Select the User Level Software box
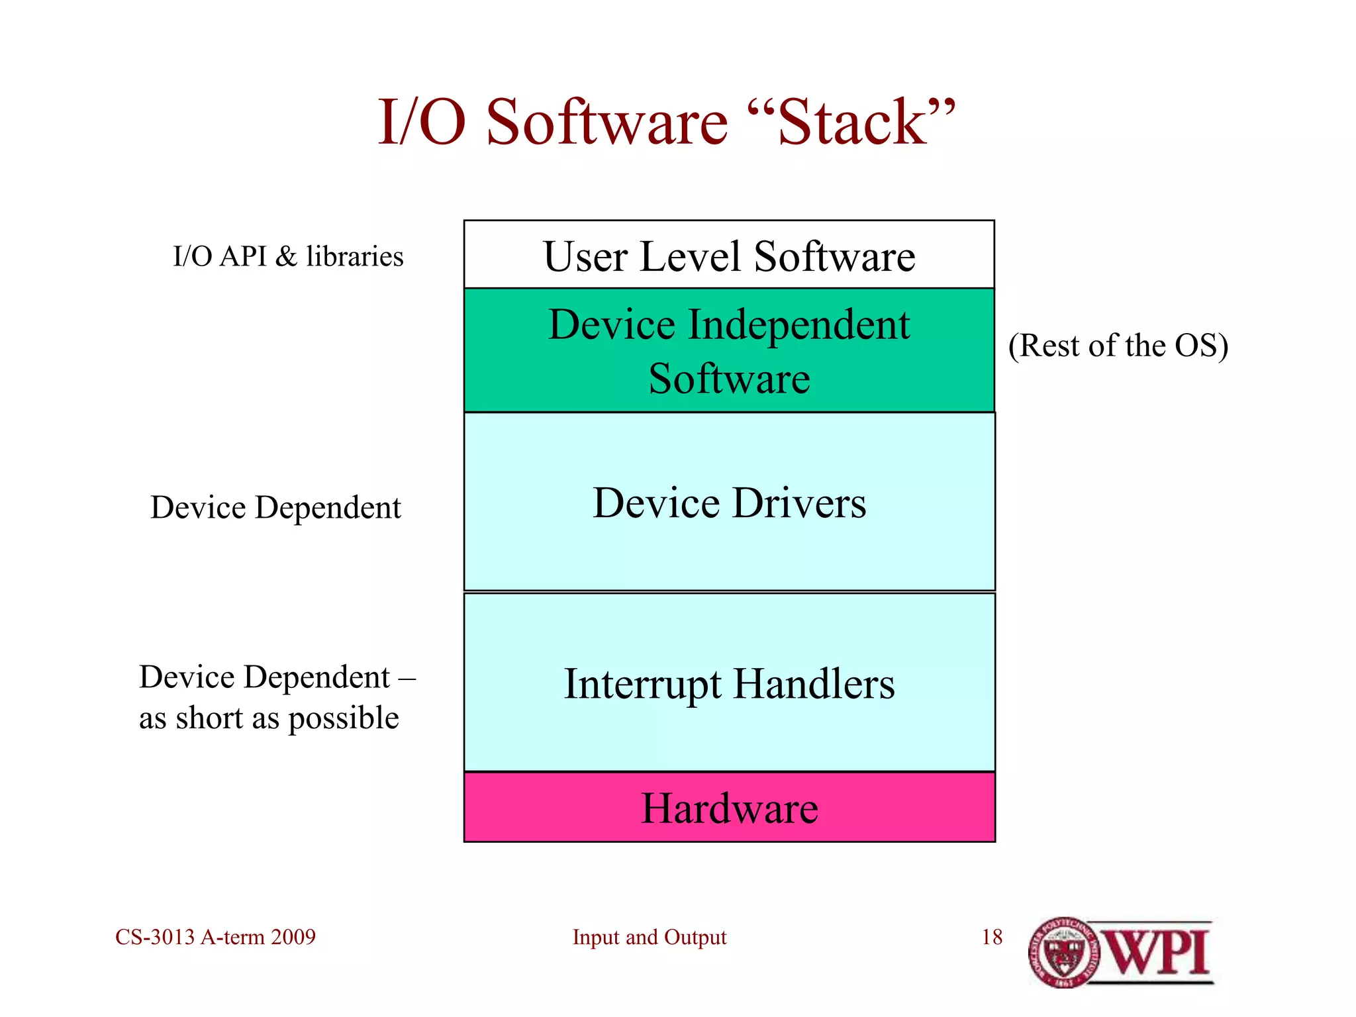[x=729, y=256]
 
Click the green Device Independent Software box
[x=729, y=351]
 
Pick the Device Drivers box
[x=729, y=502]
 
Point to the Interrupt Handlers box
[x=729, y=683]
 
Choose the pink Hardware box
[x=729, y=808]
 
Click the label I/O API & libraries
[x=288, y=256]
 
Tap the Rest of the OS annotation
[x=1118, y=345]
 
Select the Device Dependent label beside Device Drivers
[x=275, y=508]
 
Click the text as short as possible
[x=269, y=718]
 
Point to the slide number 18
[x=991, y=938]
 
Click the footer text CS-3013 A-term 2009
[x=215, y=938]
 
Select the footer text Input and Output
[x=649, y=938]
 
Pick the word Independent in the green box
[x=799, y=325]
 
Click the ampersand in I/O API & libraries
[x=286, y=256]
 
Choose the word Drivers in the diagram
[x=799, y=503]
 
